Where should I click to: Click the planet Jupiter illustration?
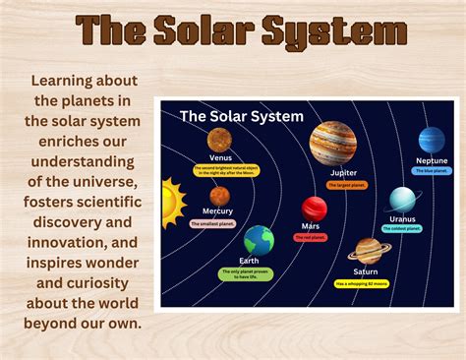(x=333, y=143)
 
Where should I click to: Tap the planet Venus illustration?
(x=219, y=141)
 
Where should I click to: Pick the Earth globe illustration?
(x=260, y=240)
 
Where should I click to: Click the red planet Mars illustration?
(x=314, y=208)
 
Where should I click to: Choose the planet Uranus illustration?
(x=402, y=200)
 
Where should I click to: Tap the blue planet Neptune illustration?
(x=432, y=140)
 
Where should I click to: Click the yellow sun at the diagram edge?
(x=171, y=202)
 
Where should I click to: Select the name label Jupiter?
(x=343, y=172)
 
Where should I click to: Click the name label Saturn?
(x=366, y=271)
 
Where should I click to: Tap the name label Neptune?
(x=432, y=160)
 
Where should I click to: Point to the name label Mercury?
(x=217, y=211)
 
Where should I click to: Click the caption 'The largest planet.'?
(x=347, y=184)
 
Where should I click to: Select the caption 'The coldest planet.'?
(x=402, y=229)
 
